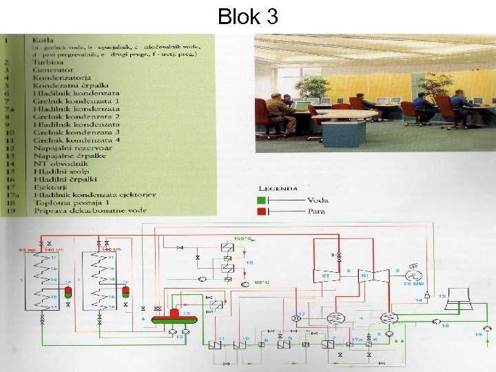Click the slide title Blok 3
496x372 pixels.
(x=248, y=16)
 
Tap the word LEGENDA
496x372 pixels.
(x=278, y=187)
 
